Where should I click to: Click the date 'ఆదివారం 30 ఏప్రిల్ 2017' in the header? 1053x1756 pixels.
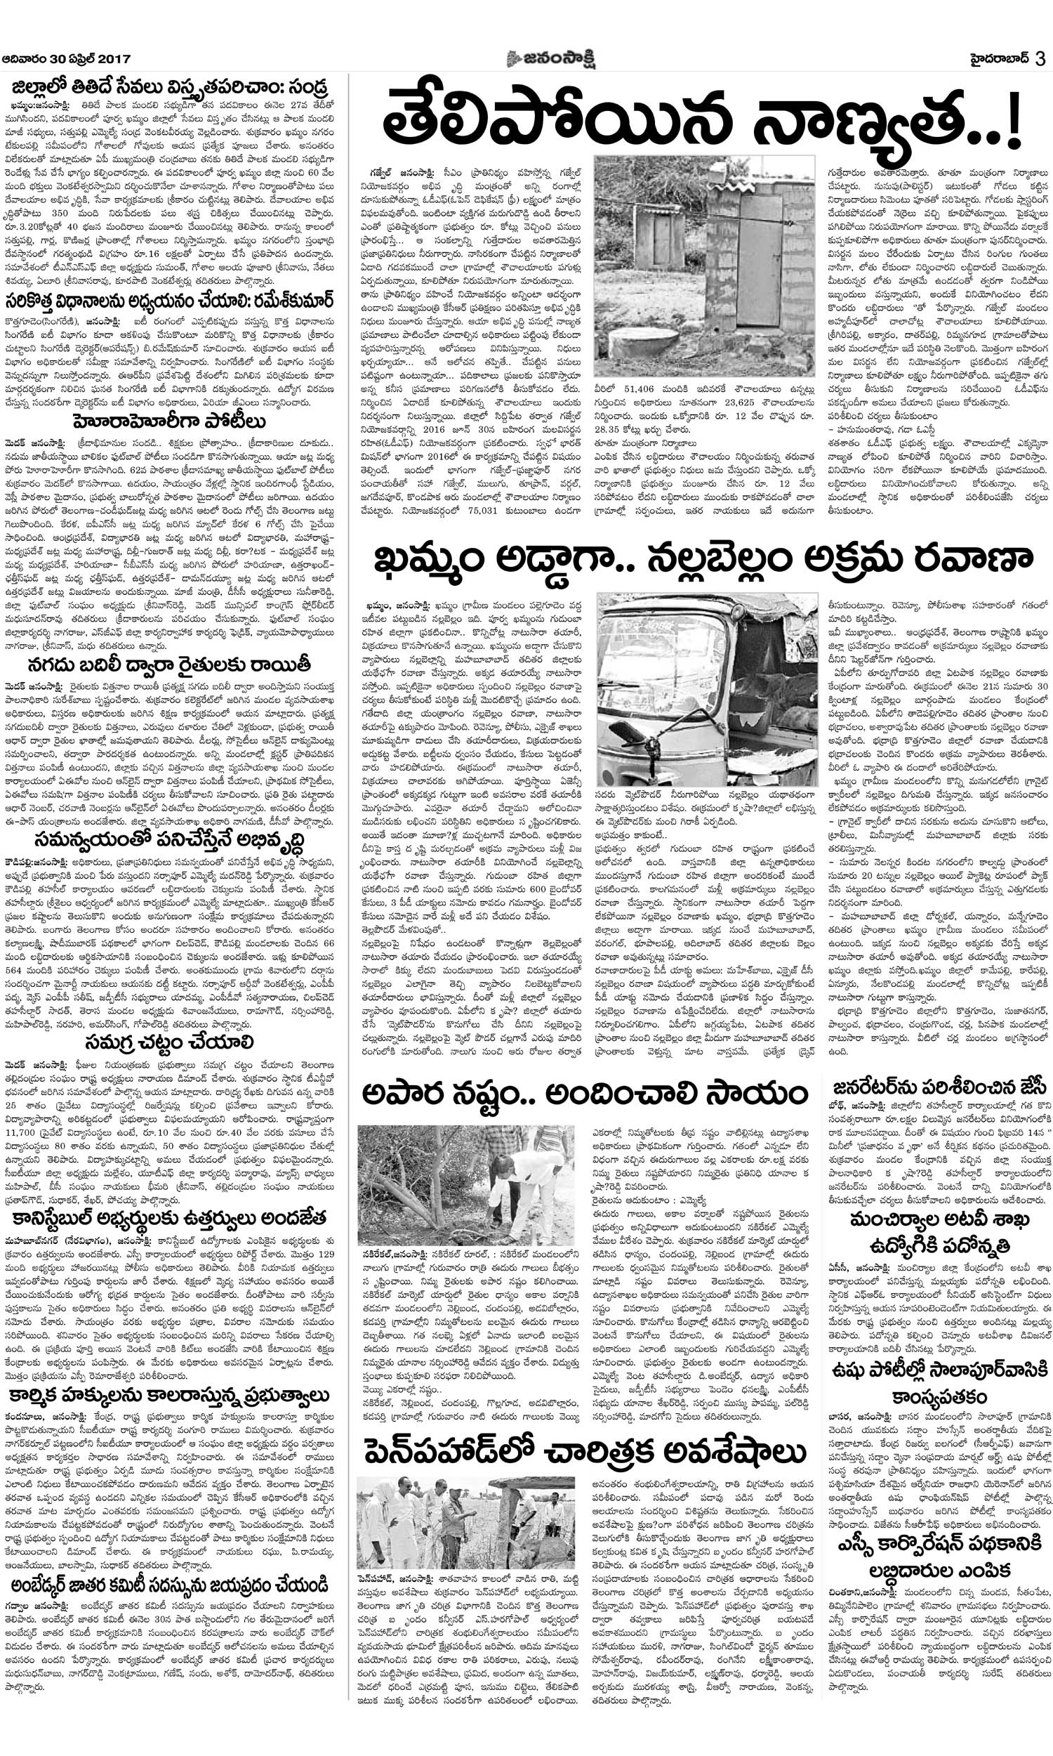(x=66, y=59)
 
